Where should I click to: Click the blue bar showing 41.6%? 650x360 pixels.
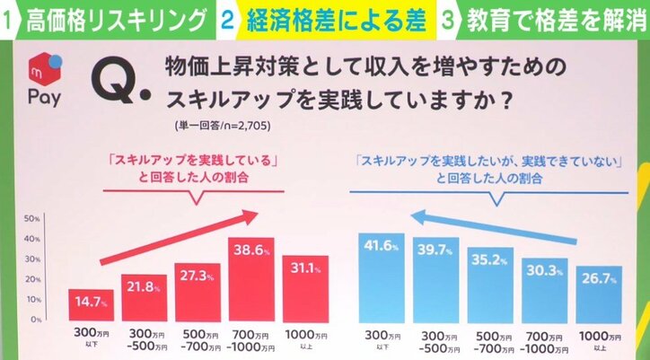point(382,277)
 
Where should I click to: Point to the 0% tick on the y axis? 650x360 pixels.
point(30,320)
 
